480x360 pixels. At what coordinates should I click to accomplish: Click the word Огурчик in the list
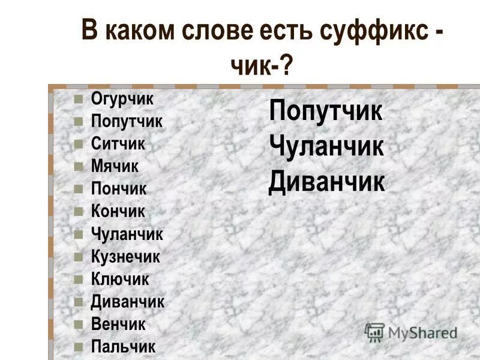[x=122, y=98]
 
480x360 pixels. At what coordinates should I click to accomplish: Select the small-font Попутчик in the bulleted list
[x=127, y=121]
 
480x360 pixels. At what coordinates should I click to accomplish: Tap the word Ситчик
[x=118, y=144]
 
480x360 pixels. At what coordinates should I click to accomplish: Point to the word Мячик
[x=115, y=166]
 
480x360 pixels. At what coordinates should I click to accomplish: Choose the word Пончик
[x=119, y=189]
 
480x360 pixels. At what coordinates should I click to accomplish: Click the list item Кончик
[x=118, y=211]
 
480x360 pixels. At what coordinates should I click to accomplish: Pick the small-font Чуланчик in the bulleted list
[x=127, y=234]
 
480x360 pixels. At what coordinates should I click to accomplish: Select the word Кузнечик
[x=125, y=257]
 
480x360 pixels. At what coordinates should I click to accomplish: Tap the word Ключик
[x=120, y=279]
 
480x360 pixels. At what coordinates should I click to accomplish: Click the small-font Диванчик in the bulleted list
[x=127, y=302]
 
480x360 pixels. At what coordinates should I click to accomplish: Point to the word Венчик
[x=118, y=324]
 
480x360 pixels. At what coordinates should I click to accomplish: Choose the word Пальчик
[x=123, y=347]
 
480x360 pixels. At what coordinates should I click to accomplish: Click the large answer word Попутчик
[x=326, y=112]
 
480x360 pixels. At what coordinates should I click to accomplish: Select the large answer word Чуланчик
[x=326, y=147]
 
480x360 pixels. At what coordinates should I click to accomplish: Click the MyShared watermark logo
[x=411, y=332]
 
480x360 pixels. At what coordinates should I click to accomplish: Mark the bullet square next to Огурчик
[x=78, y=100]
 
